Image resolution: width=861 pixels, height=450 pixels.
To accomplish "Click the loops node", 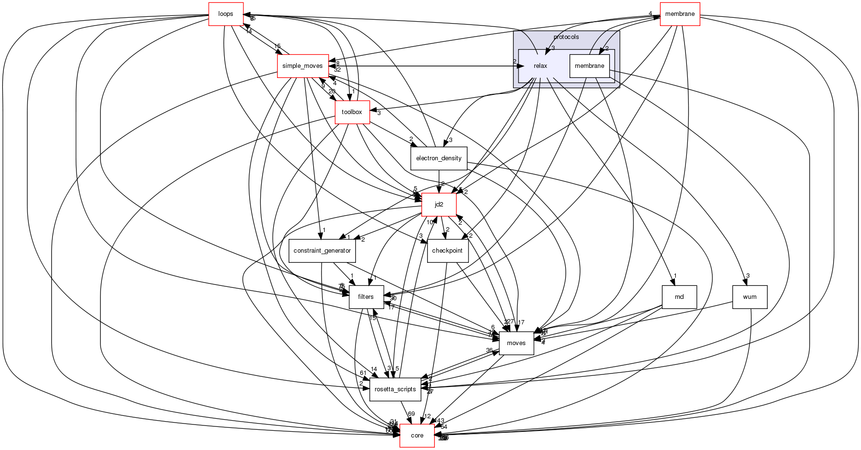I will [226, 14].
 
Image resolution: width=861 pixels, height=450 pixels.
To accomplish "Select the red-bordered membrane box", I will [679, 14].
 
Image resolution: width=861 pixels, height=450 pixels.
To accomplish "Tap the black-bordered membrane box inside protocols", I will [589, 66].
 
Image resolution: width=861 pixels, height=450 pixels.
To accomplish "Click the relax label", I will [540, 66].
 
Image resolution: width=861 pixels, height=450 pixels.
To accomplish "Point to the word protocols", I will [566, 37].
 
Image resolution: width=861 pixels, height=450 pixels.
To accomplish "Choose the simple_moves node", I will [303, 66].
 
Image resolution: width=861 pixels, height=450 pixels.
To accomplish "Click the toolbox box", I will [352, 112].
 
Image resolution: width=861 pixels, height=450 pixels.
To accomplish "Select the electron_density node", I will [439, 158].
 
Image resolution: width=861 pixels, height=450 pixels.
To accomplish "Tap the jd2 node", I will [439, 205].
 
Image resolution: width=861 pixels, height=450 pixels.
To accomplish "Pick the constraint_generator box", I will [322, 251].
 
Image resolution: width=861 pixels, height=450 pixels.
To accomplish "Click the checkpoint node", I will [447, 251].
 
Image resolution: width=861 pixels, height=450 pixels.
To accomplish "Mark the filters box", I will [366, 297].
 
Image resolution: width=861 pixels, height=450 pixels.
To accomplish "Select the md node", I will [679, 297].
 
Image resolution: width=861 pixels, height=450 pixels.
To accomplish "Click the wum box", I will [749, 297].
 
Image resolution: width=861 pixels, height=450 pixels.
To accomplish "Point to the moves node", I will [516, 343].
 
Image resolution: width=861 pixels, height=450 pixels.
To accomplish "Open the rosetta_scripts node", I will [395, 389].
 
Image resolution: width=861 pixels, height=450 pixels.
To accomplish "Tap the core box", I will [417, 436].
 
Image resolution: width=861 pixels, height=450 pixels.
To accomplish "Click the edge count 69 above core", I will [411, 414].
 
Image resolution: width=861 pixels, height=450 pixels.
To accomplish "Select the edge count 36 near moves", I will [489, 350].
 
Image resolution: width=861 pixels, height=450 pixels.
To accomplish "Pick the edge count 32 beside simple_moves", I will [337, 69].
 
